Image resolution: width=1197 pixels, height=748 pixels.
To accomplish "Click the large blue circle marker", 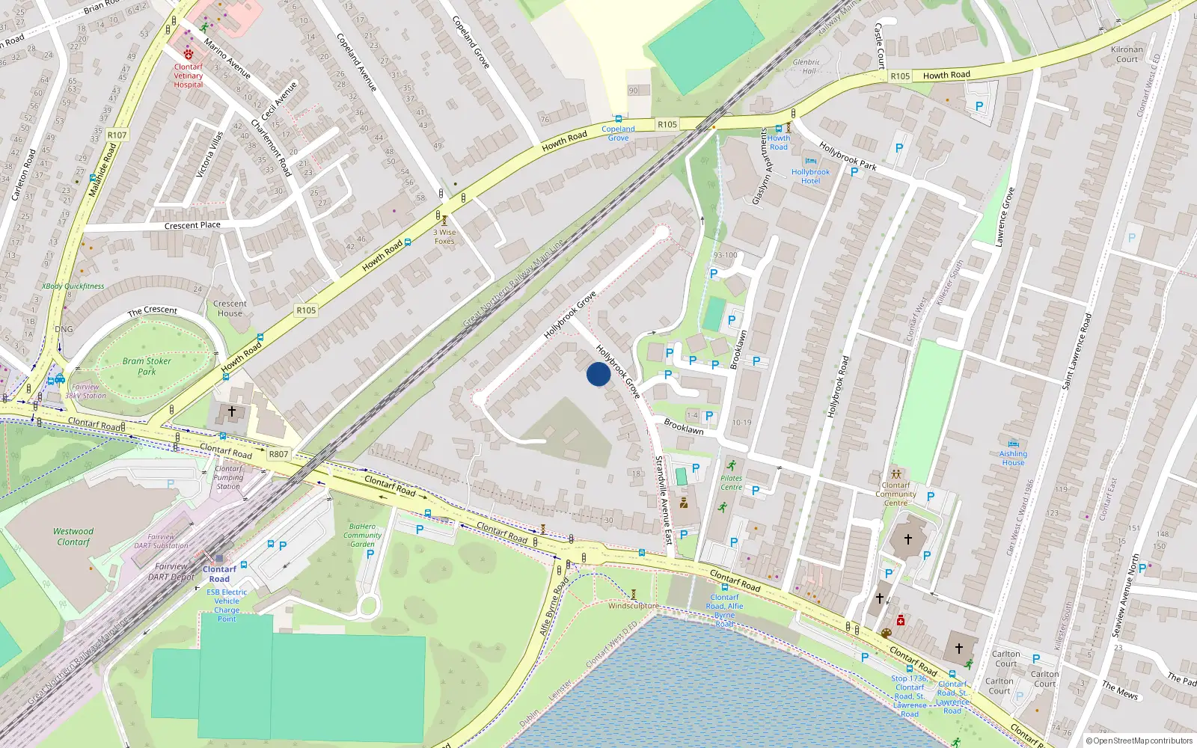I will (598, 374).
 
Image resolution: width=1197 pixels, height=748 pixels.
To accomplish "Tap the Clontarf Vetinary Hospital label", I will (189, 75).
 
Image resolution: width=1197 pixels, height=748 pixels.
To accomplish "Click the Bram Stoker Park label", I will (147, 366).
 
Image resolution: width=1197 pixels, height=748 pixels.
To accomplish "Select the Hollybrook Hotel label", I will (810, 177).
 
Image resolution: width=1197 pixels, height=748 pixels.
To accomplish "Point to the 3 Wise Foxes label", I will (444, 236).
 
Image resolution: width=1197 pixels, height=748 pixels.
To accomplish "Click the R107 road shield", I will (117, 135).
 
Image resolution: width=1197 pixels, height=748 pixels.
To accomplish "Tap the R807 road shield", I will (278, 454).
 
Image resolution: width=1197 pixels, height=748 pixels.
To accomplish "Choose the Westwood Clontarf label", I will (73, 536).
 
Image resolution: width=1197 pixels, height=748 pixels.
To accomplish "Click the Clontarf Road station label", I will (219, 574).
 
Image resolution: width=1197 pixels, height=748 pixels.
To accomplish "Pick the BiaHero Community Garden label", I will (362, 535).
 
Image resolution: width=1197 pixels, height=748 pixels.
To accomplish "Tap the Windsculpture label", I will (634, 606).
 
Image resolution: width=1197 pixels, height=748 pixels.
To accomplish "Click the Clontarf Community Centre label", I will (896, 494).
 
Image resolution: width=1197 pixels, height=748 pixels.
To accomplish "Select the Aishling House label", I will (1013, 458).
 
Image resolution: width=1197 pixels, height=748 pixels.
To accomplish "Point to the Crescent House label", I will (230, 308).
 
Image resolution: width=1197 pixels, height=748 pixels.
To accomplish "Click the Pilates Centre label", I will (731, 482).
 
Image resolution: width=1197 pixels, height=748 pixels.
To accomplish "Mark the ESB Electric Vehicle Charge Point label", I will (227, 605).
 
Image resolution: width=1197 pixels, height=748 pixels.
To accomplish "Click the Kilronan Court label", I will (1127, 55).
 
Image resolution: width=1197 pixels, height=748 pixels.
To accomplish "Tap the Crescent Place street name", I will (192, 225).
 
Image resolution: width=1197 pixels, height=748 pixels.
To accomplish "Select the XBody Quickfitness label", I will (73, 286).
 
